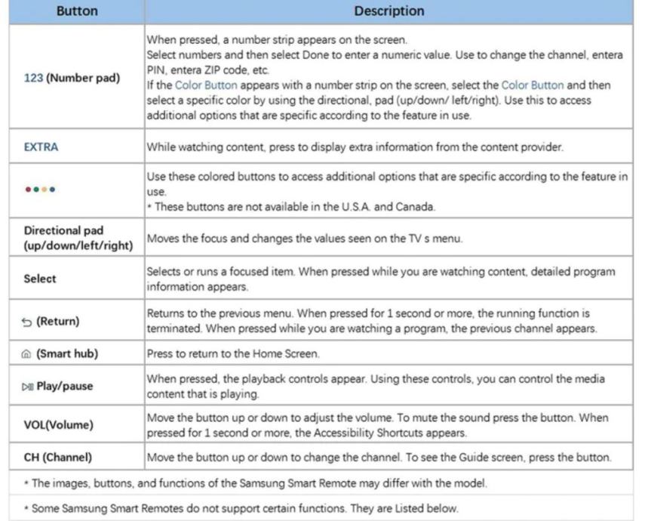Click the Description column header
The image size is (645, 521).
pyautogui.click(x=389, y=11)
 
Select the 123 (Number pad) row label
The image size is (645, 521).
pyautogui.click(x=72, y=78)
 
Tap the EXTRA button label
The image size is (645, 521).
pyautogui.click(x=41, y=147)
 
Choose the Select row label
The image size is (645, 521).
pyautogui.click(x=40, y=278)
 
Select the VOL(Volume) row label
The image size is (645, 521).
pyautogui.click(x=59, y=425)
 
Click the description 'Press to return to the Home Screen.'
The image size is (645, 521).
pyautogui.click(x=234, y=353)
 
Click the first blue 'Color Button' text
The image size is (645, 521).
pyautogui.click(x=207, y=85)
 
